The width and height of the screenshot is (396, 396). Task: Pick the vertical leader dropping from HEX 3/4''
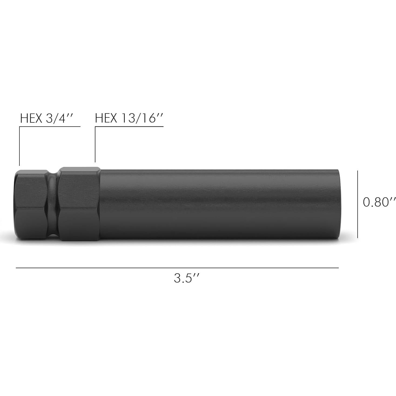[19, 146]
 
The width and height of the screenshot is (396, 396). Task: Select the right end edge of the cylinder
[338, 204]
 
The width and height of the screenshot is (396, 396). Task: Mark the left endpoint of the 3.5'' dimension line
[16, 268]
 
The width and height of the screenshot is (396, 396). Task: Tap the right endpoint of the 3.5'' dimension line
[338, 268]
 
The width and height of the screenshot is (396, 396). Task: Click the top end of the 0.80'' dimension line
[358, 171]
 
